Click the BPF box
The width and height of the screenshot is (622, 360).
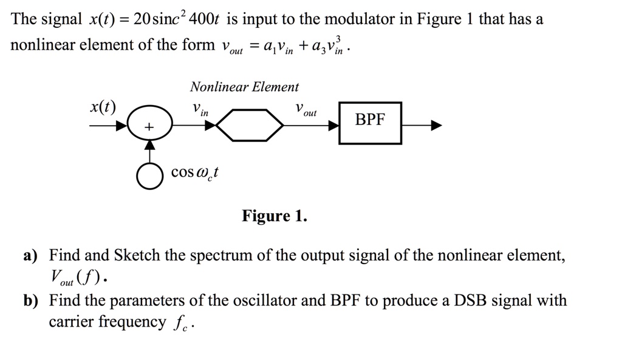click(x=370, y=123)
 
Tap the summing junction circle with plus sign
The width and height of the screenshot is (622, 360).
click(x=149, y=126)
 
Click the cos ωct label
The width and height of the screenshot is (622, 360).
click(x=195, y=173)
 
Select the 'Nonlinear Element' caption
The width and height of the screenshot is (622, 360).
click(x=244, y=87)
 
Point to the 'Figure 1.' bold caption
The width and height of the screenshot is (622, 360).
click(x=275, y=216)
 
